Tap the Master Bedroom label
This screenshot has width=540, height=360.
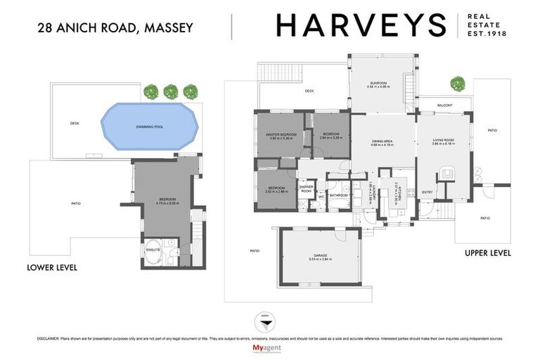pyautogui.click(x=281, y=136)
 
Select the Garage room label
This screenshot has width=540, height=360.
pyautogui.click(x=321, y=257)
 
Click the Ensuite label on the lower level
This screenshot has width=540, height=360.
pyautogui.click(x=153, y=249)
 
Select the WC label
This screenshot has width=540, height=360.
pyautogui.click(x=321, y=196)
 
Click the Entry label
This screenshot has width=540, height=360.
pyautogui.click(x=427, y=192)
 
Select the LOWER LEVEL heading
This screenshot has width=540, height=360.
pyautogui.click(x=51, y=268)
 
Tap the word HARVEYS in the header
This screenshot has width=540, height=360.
pyautogui.click(x=361, y=25)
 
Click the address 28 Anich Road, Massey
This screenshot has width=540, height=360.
pyautogui.click(x=115, y=28)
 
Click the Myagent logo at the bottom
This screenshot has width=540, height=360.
pyautogui.click(x=269, y=349)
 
